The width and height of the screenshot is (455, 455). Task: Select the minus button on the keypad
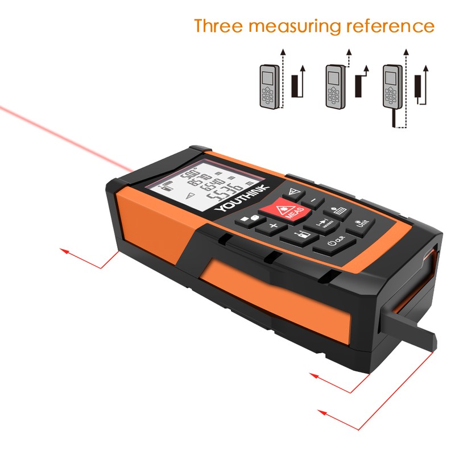click(312, 201)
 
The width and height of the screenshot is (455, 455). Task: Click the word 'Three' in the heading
click(219, 26)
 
